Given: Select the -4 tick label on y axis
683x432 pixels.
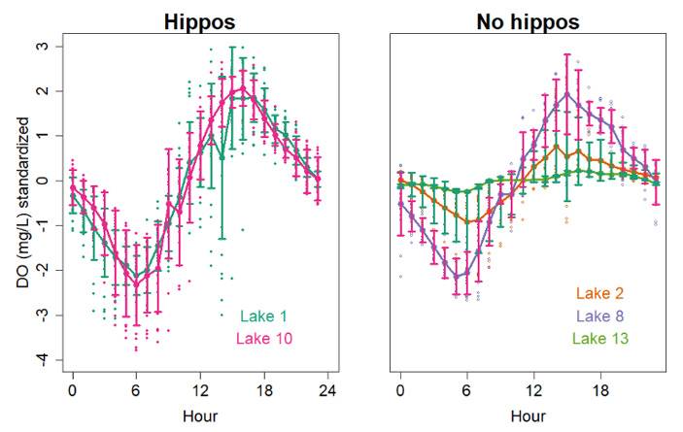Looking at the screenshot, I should point(41,360).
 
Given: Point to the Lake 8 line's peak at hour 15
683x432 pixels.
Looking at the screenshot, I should point(566,93).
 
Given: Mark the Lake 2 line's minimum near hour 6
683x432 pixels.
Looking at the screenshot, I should point(467,222).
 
